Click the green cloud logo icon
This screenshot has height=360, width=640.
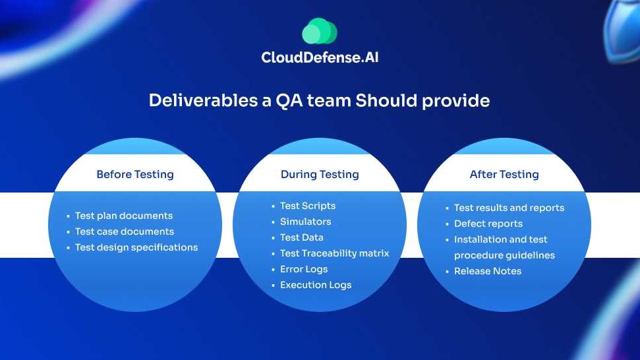(320, 31)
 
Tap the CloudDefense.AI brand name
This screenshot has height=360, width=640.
(320, 57)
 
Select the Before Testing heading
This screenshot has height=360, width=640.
(135, 174)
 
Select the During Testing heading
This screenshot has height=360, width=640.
(320, 174)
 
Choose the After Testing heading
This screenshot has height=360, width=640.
(504, 174)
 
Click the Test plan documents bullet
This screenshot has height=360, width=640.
(124, 216)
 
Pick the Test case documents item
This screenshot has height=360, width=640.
(125, 231)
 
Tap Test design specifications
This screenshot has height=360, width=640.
(136, 247)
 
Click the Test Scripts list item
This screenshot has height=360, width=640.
(308, 206)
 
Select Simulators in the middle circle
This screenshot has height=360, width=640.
(306, 222)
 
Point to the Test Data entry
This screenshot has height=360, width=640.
(302, 237)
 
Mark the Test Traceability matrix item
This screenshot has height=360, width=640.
(335, 253)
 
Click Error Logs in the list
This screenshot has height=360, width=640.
(304, 270)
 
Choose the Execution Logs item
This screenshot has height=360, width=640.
(316, 285)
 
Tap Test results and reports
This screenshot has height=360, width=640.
(509, 208)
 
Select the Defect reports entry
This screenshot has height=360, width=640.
(488, 224)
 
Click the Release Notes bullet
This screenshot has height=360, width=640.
(488, 271)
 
